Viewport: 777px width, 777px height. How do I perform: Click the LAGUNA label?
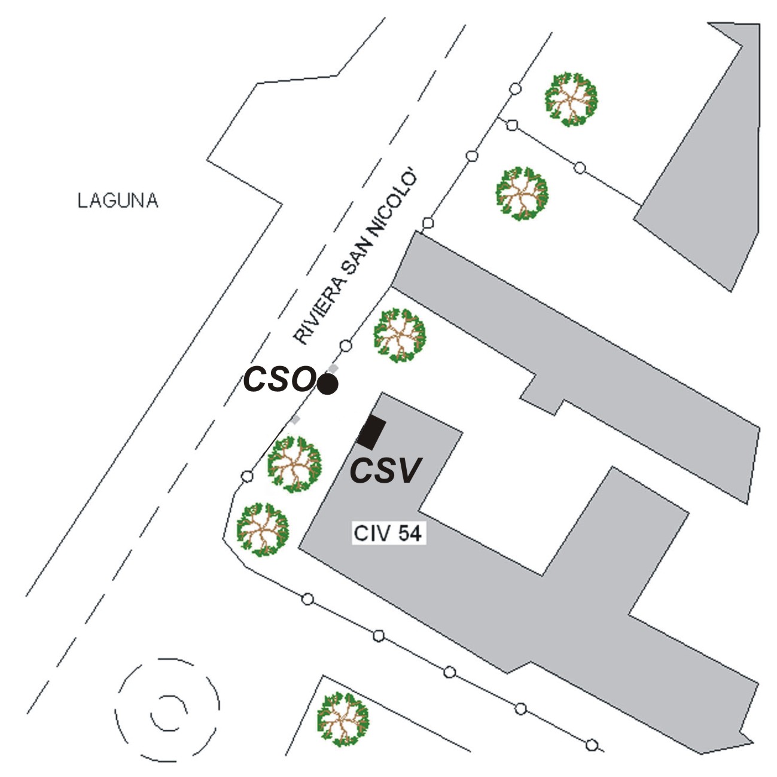118,200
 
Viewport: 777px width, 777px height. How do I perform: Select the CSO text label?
279,379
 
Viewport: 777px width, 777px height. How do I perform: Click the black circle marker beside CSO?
328,384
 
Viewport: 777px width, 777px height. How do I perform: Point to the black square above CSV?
371,432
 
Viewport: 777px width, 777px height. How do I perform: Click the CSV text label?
385,471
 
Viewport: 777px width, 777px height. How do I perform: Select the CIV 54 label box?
388,533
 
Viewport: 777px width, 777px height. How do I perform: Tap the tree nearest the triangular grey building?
571,99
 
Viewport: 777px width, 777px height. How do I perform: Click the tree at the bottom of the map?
342,720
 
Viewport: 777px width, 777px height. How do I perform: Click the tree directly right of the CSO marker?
399,335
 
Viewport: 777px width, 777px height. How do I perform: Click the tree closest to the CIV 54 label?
263,529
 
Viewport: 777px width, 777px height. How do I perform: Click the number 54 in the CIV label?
410,533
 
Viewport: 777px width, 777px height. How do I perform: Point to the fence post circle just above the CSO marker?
345,346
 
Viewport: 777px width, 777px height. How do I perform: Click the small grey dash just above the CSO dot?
334,367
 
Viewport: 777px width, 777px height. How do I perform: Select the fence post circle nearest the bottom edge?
592,745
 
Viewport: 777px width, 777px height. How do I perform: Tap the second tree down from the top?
522,193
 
